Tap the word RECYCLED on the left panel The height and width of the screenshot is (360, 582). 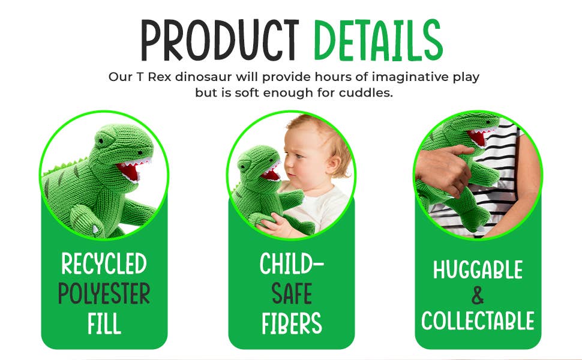[104, 263]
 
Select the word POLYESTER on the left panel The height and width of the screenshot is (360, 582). [104, 294]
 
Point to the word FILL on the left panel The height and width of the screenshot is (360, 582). [104, 324]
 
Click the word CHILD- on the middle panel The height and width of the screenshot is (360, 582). [292, 265]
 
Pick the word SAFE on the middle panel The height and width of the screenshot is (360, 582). [292, 294]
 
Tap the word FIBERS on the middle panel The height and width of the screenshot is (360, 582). [292, 323]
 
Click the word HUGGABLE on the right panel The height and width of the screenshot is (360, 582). [478, 270]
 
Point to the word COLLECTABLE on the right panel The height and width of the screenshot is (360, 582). [478, 321]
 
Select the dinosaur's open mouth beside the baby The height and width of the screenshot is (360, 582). [269, 173]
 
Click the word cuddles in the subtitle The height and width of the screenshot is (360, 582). [367, 94]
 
